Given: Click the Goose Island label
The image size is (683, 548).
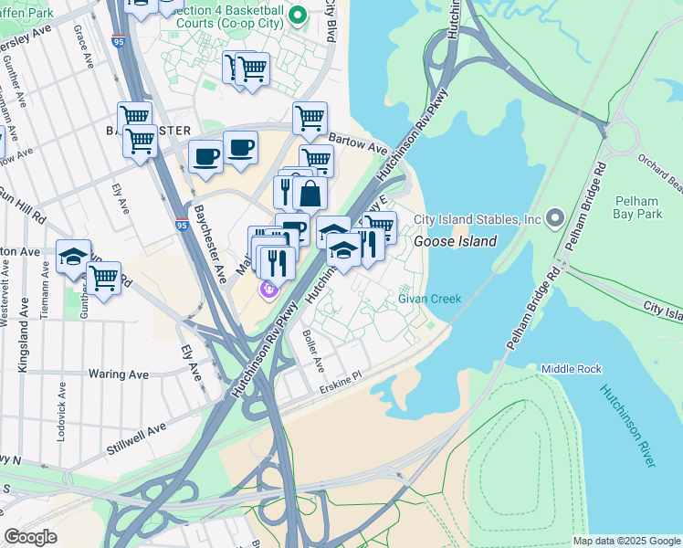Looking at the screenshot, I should tap(455, 242).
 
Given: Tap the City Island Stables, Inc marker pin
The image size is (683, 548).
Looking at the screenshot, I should tap(554, 218).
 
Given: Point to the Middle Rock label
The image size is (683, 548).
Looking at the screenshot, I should tap(572, 368).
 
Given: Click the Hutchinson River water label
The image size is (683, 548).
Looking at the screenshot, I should tap(627, 426).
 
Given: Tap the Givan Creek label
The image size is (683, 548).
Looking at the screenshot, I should tap(429, 299).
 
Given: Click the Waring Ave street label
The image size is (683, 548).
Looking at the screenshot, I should tap(119, 374).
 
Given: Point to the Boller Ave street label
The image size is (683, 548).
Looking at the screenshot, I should tap(312, 350).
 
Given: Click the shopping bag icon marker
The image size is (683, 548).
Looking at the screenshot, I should tap(310, 194).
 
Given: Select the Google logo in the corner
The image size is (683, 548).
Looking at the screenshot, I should tap(30, 537).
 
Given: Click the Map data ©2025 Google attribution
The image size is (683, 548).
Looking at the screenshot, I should tap(626, 541).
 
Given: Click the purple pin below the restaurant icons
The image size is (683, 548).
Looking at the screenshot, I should tap(268, 290).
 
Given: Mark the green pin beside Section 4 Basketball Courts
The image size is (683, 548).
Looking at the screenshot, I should tap(297, 16).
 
